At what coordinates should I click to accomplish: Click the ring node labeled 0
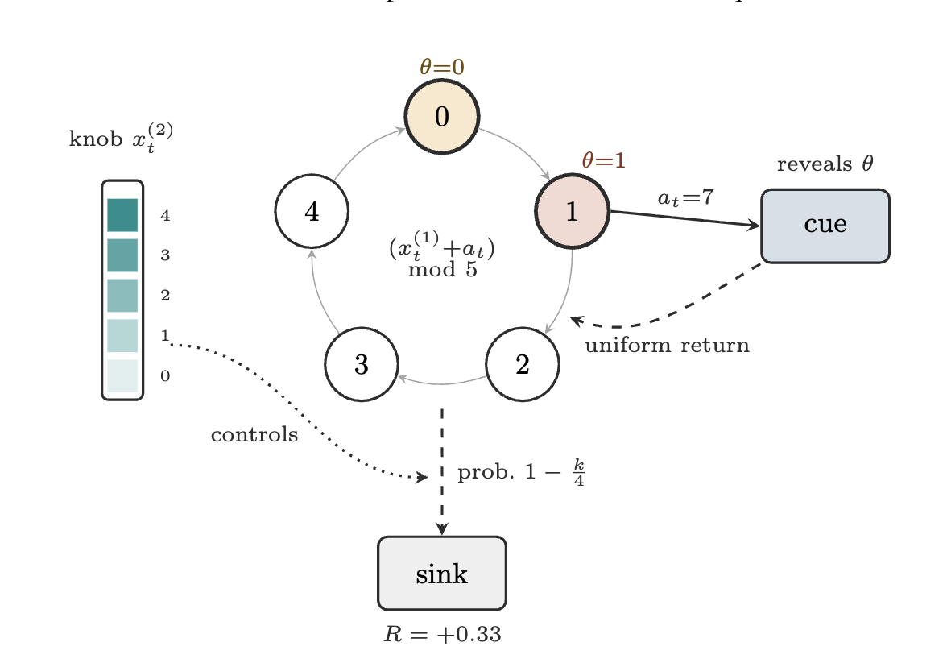click(x=442, y=116)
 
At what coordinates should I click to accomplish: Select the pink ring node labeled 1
click(x=572, y=211)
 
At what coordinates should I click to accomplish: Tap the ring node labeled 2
click(x=523, y=364)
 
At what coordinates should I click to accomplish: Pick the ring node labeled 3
click(x=361, y=364)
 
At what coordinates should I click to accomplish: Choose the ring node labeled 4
click(x=312, y=211)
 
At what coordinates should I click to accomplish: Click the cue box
click(x=825, y=226)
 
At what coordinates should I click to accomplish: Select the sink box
click(x=442, y=574)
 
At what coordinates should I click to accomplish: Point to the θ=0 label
click(x=442, y=66)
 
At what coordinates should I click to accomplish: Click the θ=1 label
click(x=603, y=160)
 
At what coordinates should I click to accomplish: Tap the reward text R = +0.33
click(x=442, y=634)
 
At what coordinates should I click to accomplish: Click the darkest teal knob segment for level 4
click(x=122, y=215)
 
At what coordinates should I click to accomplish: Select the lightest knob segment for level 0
click(x=122, y=375)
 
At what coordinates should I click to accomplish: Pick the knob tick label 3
click(x=165, y=255)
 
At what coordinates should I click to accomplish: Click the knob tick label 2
click(x=165, y=296)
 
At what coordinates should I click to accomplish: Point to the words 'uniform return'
click(x=667, y=346)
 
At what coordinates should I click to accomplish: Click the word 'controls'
click(x=254, y=435)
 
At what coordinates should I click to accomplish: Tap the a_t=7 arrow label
click(x=685, y=197)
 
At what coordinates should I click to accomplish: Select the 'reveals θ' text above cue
click(x=825, y=164)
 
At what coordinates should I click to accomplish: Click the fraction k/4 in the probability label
click(x=578, y=472)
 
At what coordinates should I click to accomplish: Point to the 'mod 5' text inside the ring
click(x=443, y=270)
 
